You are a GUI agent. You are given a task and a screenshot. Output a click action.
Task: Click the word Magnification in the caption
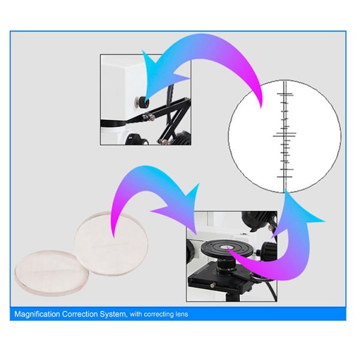(37, 314)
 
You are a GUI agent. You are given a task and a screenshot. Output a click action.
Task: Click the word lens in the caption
(182, 314)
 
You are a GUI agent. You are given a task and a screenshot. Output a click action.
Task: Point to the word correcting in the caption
(158, 314)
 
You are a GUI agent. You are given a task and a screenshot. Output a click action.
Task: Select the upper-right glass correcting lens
(111, 244)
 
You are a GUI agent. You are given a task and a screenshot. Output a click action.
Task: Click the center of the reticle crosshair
(284, 136)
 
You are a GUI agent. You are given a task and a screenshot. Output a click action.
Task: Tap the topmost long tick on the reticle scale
(285, 94)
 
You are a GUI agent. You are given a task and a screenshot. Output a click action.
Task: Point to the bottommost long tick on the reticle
(284, 177)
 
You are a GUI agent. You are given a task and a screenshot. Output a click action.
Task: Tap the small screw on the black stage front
(212, 285)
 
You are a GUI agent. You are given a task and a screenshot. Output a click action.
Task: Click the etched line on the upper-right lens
(110, 245)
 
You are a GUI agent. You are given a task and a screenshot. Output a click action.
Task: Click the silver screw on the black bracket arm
(152, 118)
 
